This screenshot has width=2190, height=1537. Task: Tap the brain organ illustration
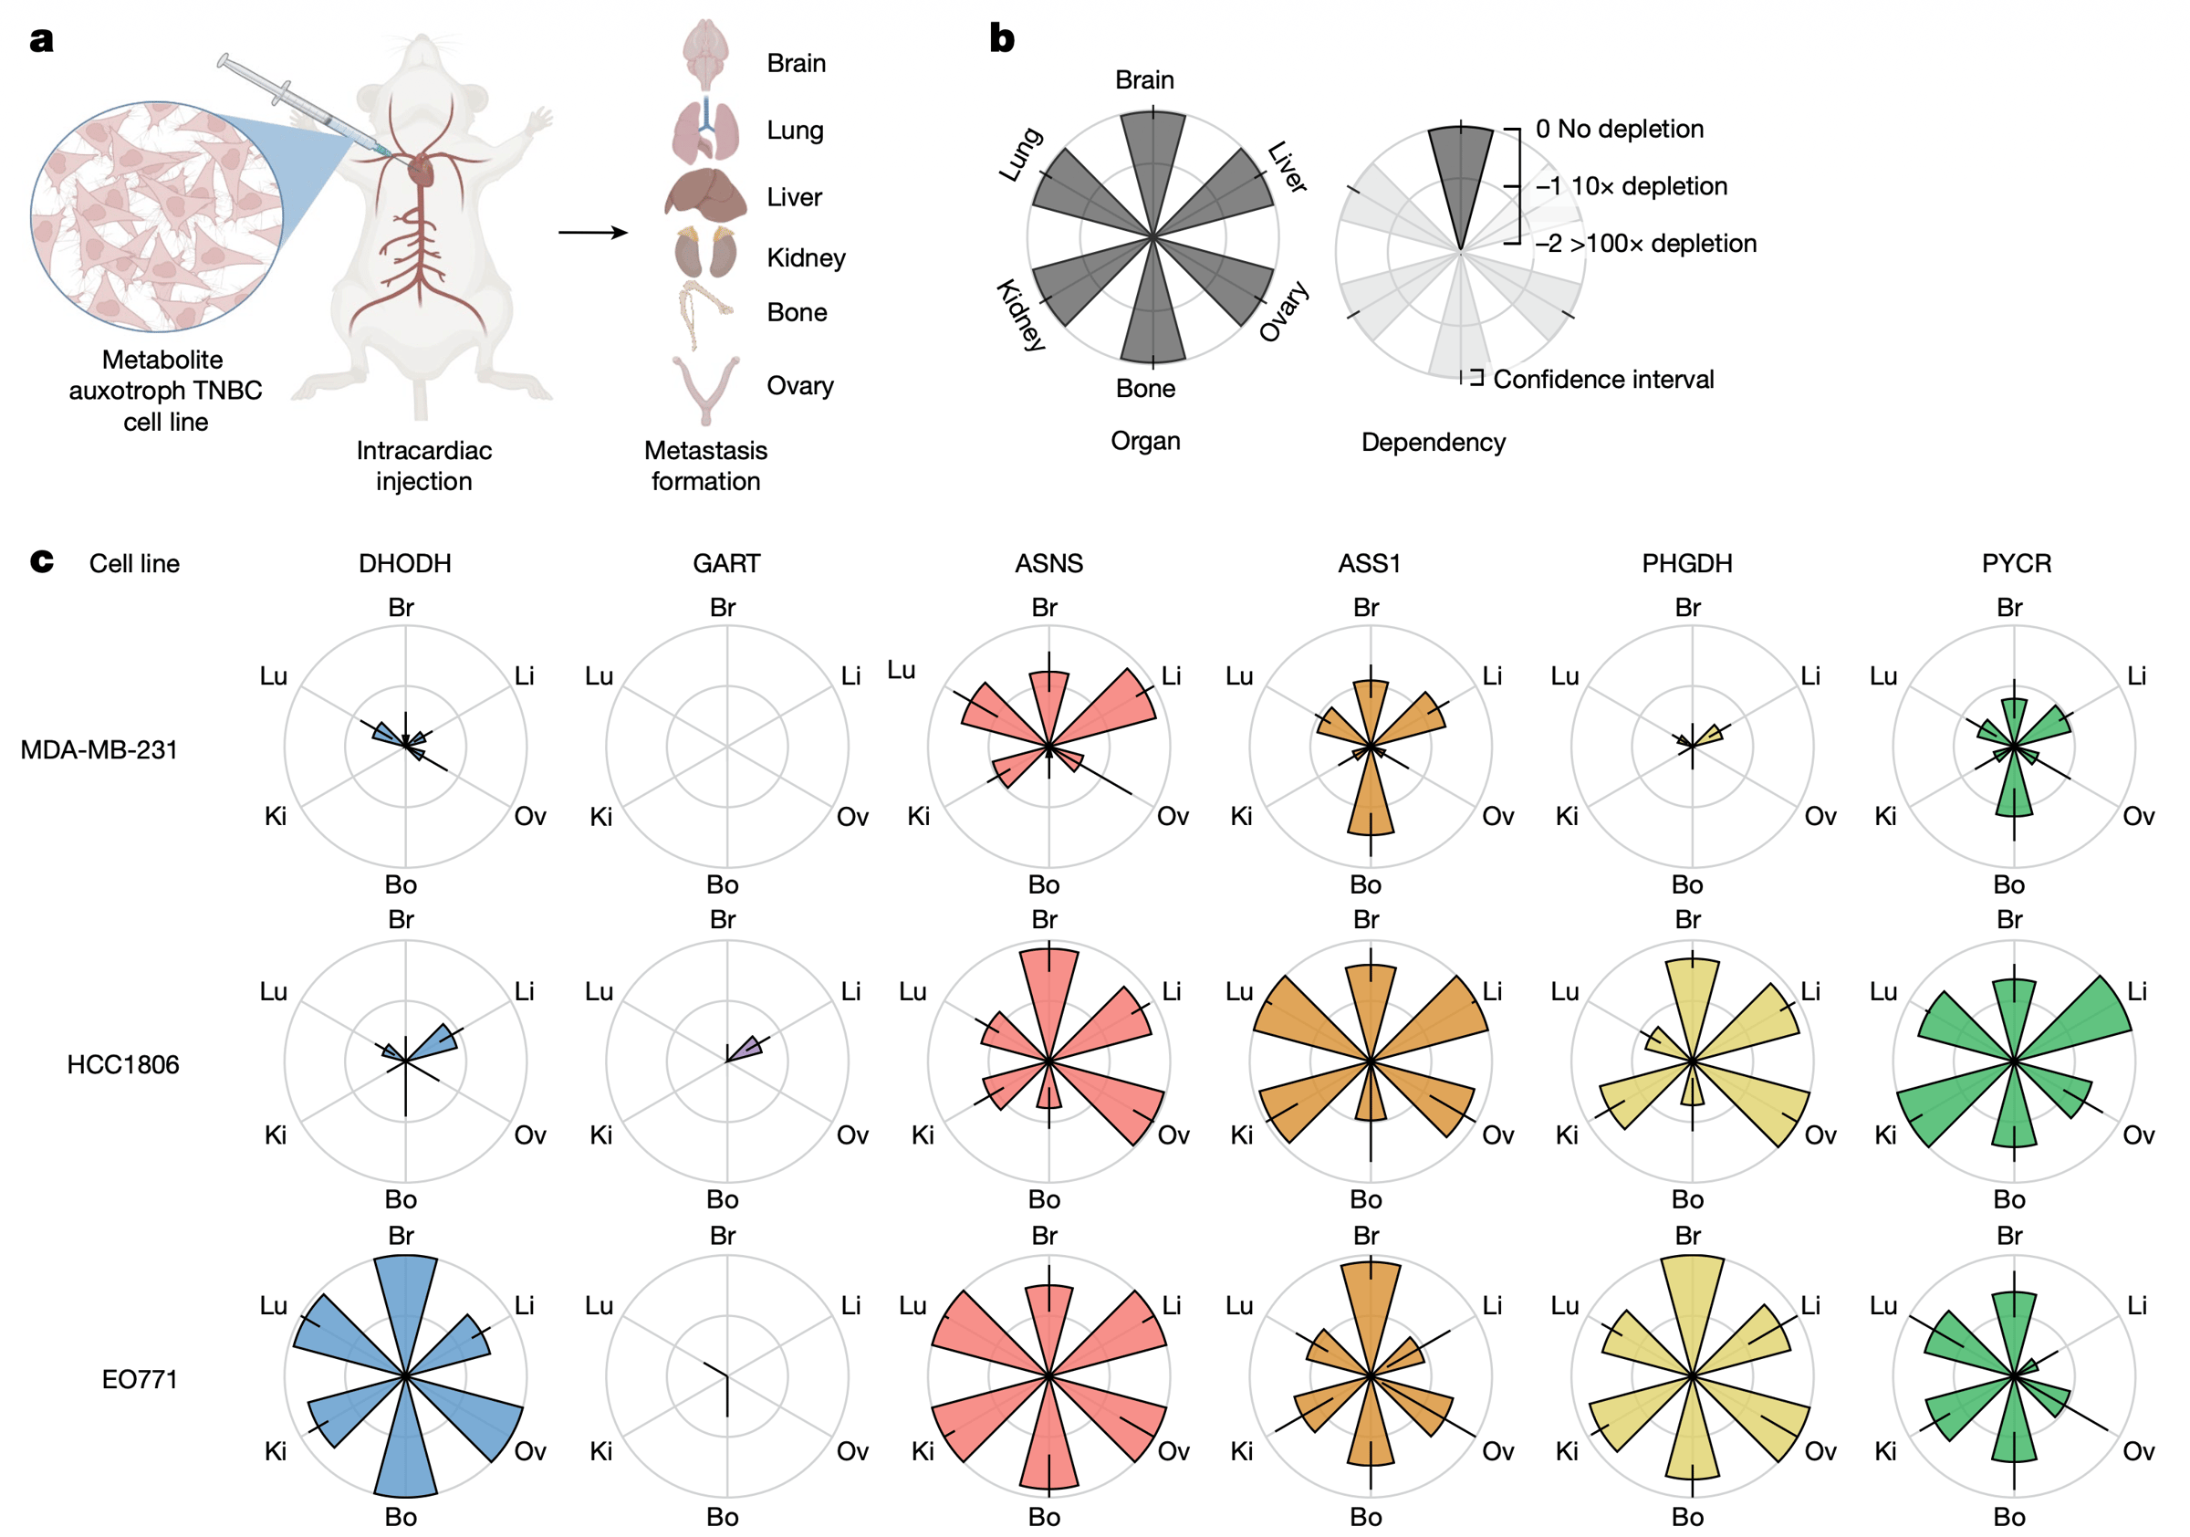[x=706, y=56]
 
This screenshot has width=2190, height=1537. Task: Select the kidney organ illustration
[x=706, y=254]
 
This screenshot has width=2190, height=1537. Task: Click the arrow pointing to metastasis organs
[x=592, y=232]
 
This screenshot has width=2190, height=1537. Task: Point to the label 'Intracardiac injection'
[x=423, y=465]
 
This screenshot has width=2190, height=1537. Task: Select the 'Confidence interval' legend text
[x=1602, y=380]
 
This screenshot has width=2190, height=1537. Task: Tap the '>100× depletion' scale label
[x=1662, y=244]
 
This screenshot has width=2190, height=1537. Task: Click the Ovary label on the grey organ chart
[x=1284, y=311]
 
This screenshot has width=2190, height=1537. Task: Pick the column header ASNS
[x=1048, y=563]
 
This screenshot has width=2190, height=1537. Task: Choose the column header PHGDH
[x=1686, y=563]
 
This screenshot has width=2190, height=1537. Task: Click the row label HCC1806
[x=123, y=1064]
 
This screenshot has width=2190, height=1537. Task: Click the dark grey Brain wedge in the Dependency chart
[x=1460, y=172]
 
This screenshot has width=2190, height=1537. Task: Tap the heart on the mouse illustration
[x=421, y=172]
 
